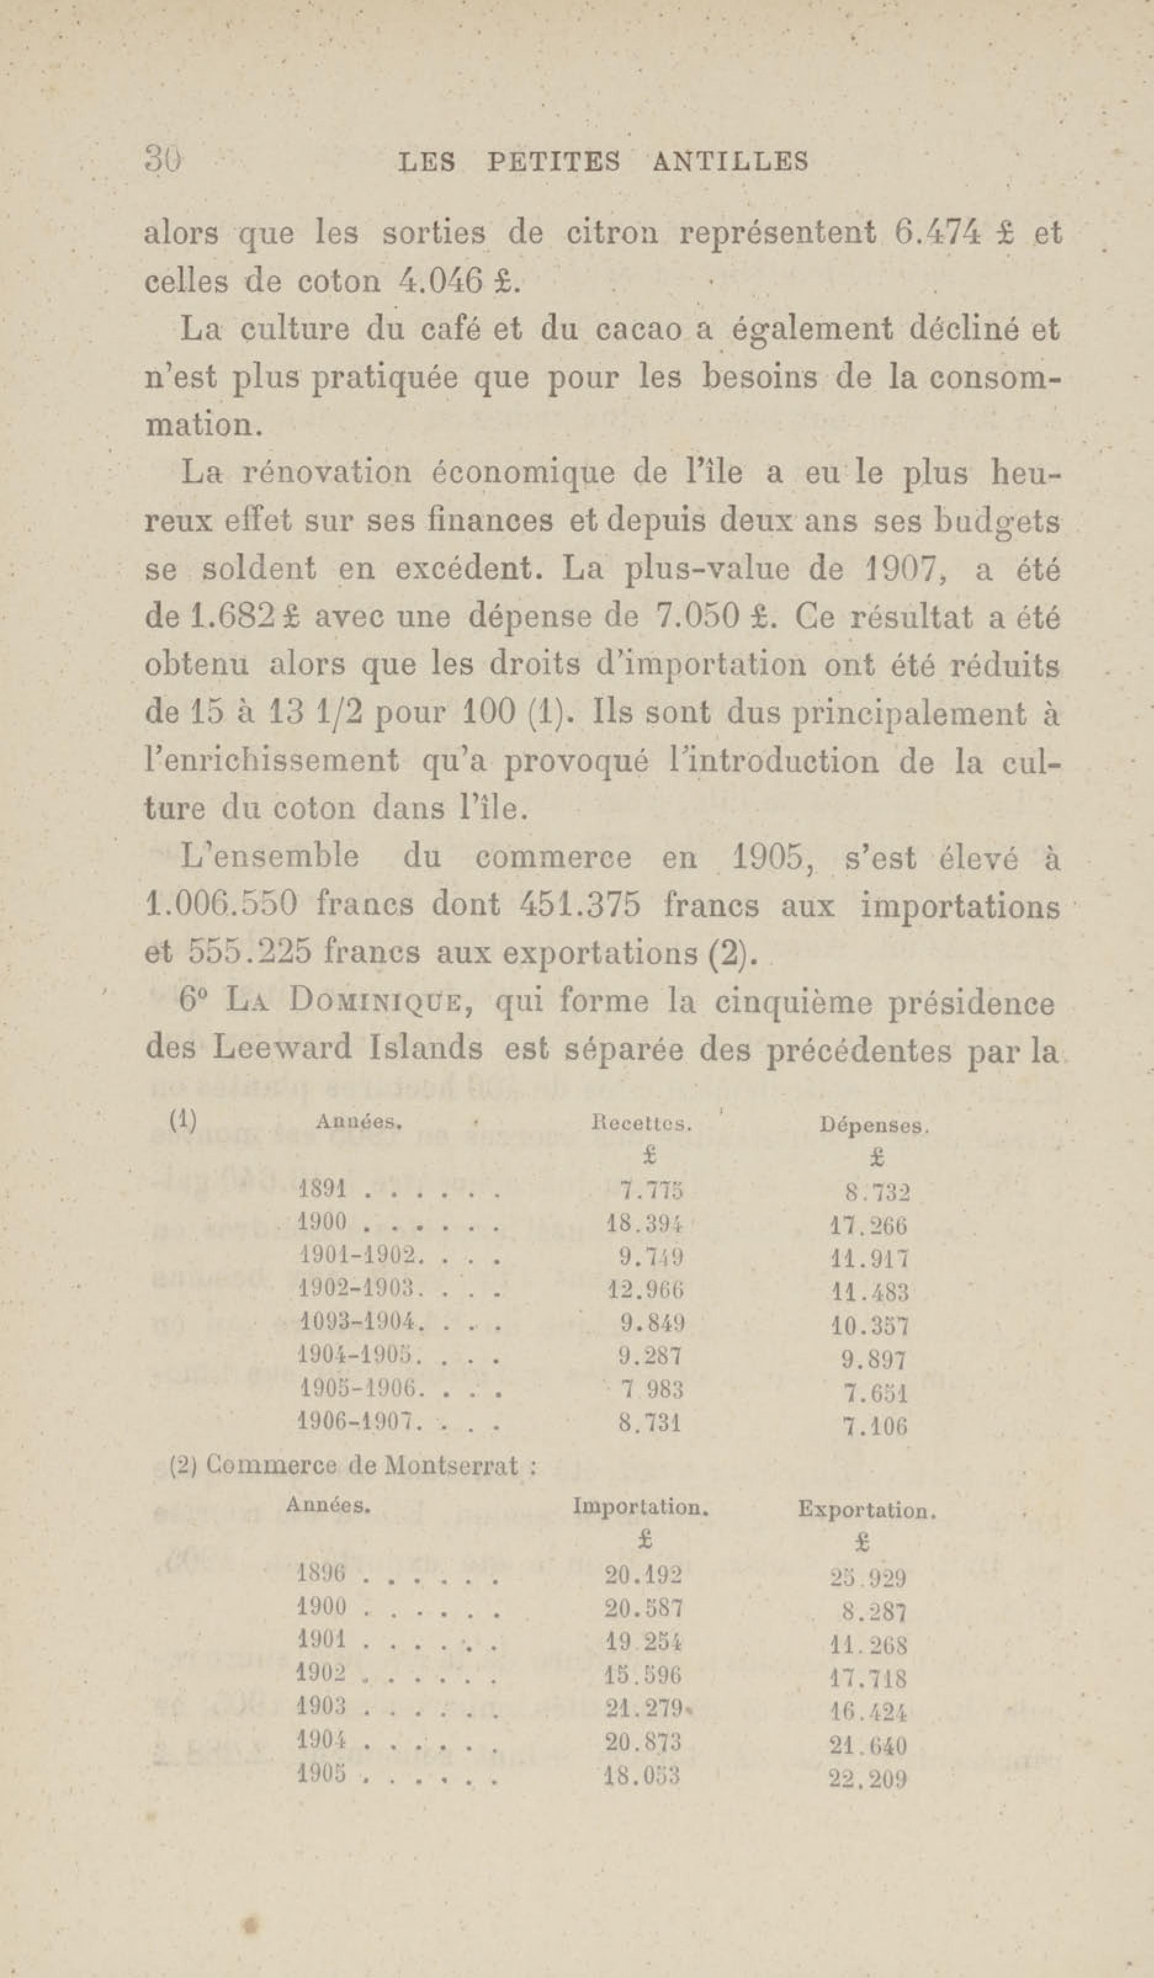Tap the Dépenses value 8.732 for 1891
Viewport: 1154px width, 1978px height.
tap(877, 1193)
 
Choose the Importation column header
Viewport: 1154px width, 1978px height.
tap(641, 1507)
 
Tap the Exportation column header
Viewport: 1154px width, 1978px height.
tap(867, 1509)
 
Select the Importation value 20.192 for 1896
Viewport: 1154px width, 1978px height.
tap(644, 1574)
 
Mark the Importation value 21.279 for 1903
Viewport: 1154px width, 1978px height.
tap(644, 1708)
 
